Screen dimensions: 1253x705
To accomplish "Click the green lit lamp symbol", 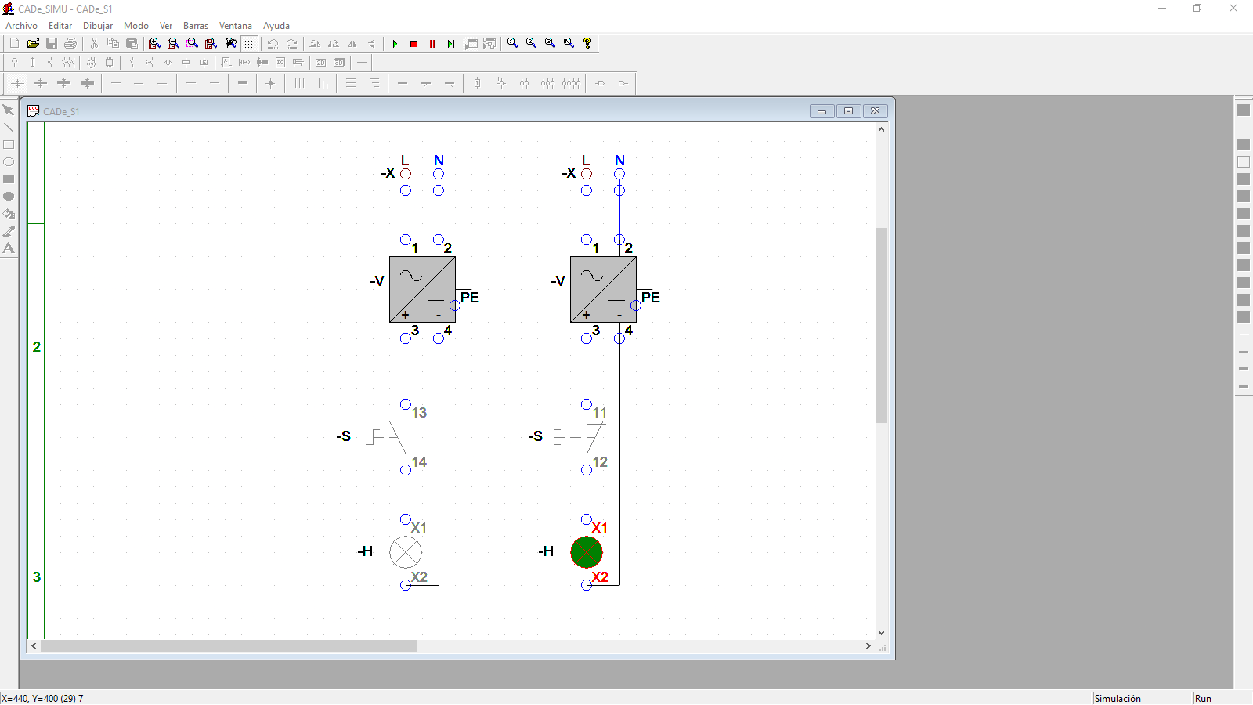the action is (x=587, y=552).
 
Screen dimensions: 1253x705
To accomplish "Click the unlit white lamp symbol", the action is (x=406, y=552).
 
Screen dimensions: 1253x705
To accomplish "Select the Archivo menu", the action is (x=21, y=26).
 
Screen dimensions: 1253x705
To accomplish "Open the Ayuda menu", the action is (x=276, y=26).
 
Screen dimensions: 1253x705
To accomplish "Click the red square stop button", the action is (x=413, y=44).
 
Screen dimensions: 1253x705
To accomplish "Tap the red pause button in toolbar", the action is (x=432, y=44).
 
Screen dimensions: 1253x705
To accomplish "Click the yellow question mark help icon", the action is (x=587, y=43).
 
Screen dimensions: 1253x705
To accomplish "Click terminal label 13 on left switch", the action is (x=419, y=413).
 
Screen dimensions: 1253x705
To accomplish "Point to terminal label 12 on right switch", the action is (x=600, y=462).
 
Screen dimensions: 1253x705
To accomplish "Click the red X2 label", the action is (x=600, y=577).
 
